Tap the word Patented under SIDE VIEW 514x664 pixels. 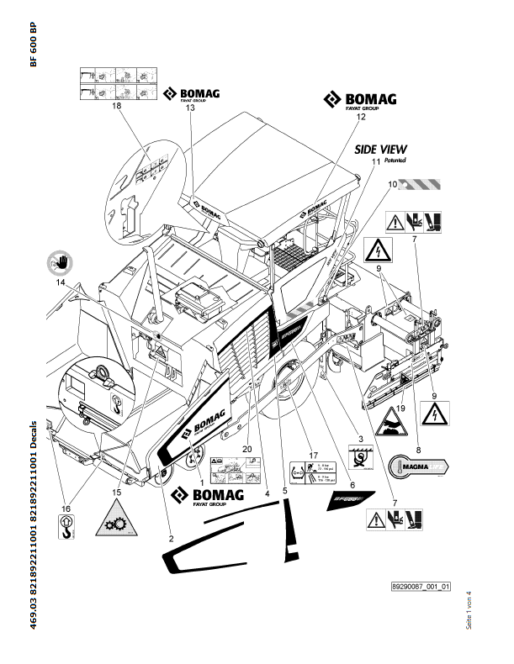point(394,160)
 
